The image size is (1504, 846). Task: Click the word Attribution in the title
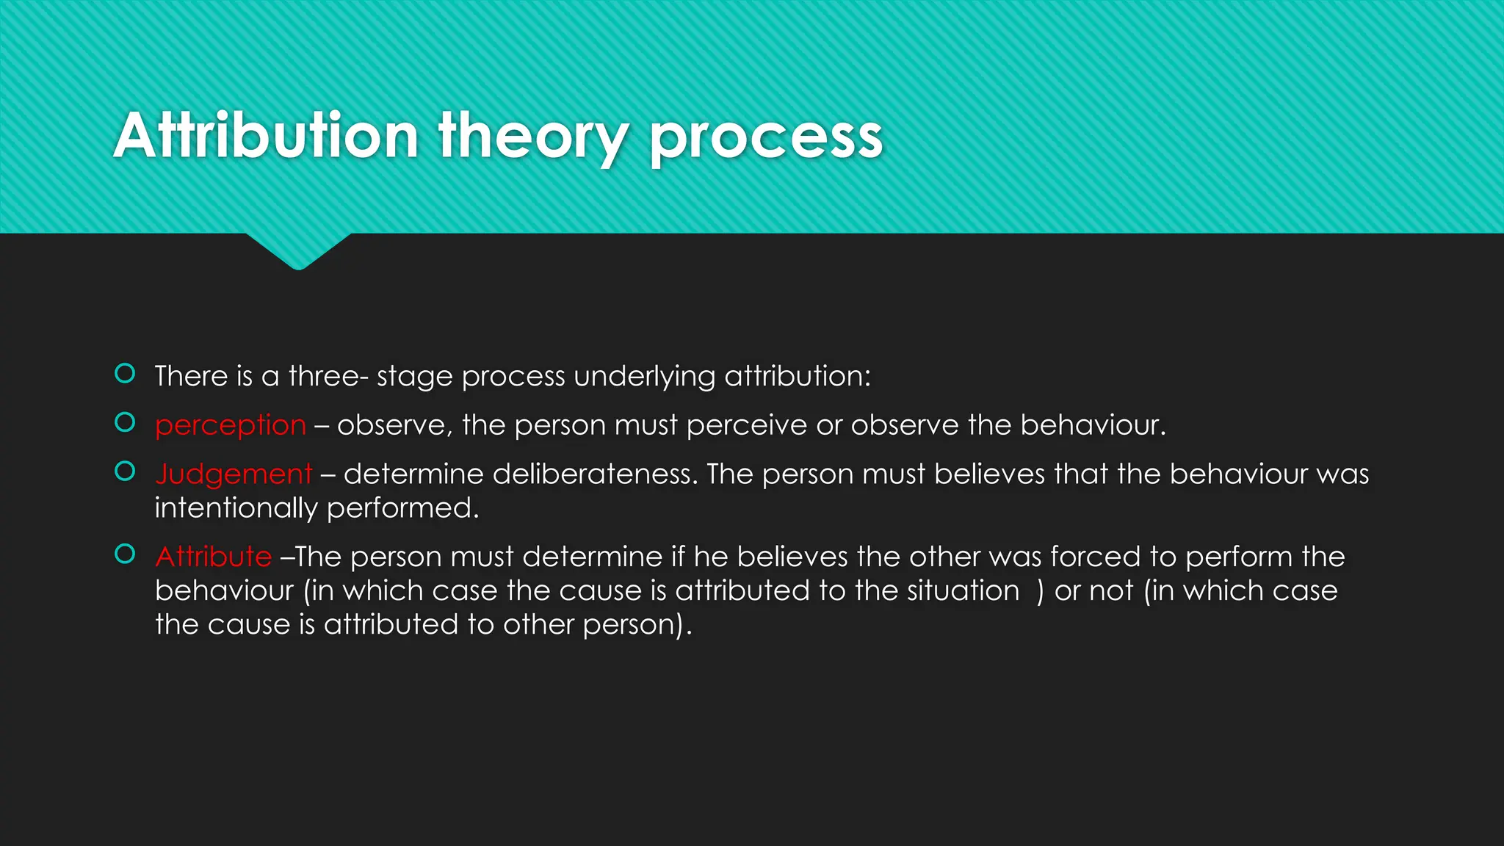266,137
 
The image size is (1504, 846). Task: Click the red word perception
231,425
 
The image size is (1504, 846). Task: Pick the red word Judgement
234,474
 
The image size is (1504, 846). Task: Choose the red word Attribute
214,557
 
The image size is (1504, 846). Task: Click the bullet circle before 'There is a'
126,374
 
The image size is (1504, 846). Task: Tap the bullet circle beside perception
126,422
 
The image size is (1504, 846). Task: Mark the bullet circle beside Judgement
126,471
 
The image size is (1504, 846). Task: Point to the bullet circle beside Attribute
126,554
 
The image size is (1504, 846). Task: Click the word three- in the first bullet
328,376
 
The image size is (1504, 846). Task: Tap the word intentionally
236,508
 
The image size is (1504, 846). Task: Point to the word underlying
644,377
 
